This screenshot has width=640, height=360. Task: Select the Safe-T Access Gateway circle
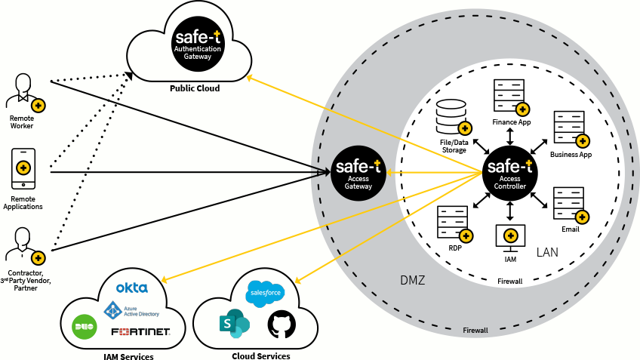pyautogui.click(x=358, y=172)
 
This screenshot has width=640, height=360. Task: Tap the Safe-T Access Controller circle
pyautogui.click(x=510, y=173)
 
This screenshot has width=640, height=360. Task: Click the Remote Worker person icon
pyautogui.click(x=23, y=92)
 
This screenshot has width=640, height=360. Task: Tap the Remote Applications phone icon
pyautogui.click(x=23, y=168)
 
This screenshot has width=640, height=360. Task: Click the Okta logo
pyautogui.click(x=131, y=288)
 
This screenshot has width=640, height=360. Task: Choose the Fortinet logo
pyautogui.click(x=140, y=332)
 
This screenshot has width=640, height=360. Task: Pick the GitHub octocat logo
pyautogui.click(x=281, y=325)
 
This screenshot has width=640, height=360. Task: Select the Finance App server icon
pyautogui.click(x=509, y=96)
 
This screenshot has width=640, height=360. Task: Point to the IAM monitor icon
pyautogui.click(x=509, y=236)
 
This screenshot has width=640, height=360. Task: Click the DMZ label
pyautogui.click(x=413, y=281)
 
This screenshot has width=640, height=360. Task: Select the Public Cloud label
pyautogui.click(x=195, y=88)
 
